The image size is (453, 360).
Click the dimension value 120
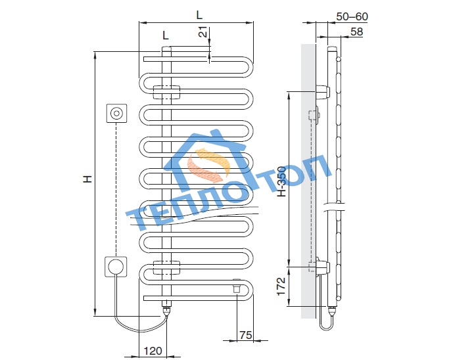[x=153, y=351]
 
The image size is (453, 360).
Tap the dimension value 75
[x=246, y=335]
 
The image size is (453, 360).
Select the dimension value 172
[x=281, y=286]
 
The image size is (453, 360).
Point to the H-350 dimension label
[x=281, y=182]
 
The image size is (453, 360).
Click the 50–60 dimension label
[x=352, y=16]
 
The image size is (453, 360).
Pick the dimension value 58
[x=356, y=32]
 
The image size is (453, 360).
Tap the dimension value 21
[x=204, y=32]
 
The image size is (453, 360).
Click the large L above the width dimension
[x=199, y=14]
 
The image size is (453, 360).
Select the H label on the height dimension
[x=87, y=179]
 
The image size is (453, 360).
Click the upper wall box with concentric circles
[x=117, y=113]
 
